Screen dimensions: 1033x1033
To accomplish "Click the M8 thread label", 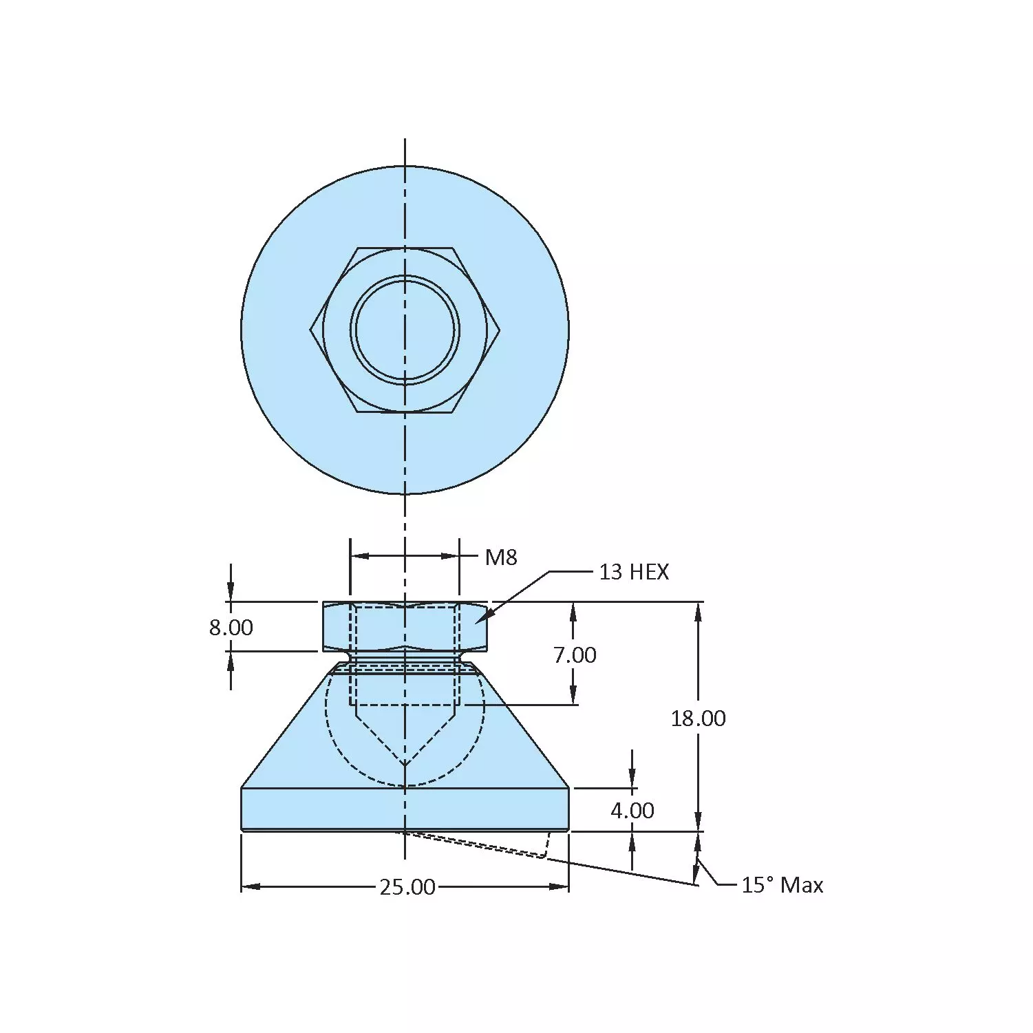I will point(500,557).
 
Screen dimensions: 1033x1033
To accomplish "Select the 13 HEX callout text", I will point(633,572).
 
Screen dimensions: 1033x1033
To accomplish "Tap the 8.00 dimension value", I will point(231,628).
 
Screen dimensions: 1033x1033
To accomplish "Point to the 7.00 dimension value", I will point(575,655).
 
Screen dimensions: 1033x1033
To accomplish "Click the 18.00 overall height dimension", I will point(698,718).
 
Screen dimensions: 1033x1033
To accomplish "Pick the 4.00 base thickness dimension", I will point(632,811).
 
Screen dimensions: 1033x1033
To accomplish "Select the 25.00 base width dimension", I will point(407,887).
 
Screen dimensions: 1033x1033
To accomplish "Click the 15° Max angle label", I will point(782,885).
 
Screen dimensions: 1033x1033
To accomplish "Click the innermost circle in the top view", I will point(405,330).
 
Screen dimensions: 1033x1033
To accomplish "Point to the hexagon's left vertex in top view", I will point(310,330).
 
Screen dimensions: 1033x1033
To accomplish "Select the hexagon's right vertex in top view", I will point(500,330).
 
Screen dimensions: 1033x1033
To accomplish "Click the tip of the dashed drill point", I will point(405,765).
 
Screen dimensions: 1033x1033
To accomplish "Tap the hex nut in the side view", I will point(405,626).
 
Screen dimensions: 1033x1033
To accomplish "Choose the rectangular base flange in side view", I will point(405,809).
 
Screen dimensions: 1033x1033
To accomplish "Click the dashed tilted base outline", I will point(482,845).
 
